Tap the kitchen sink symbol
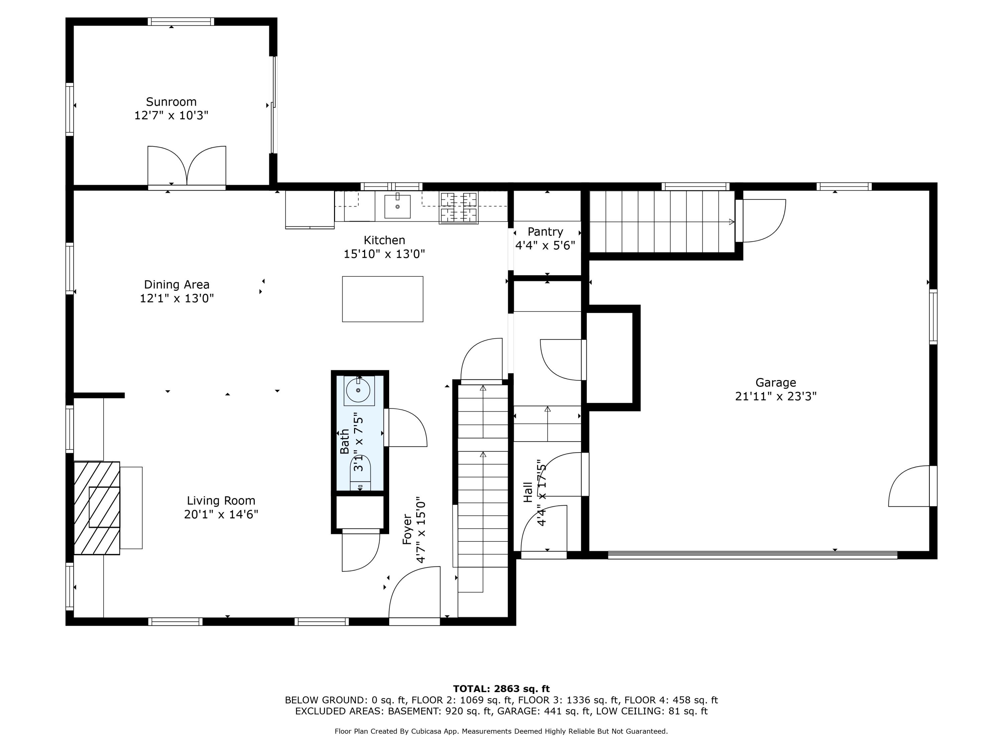click(x=397, y=207)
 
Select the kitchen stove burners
click(x=458, y=208)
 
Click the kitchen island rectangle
click(x=382, y=299)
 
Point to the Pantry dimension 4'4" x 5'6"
click(x=545, y=246)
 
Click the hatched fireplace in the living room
click(x=97, y=508)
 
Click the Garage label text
click(x=775, y=383)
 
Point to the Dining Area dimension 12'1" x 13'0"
click(x=177, y=298)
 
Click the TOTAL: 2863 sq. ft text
click(x=501, y=689)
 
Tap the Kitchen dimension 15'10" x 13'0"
click(x=384, y=254)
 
